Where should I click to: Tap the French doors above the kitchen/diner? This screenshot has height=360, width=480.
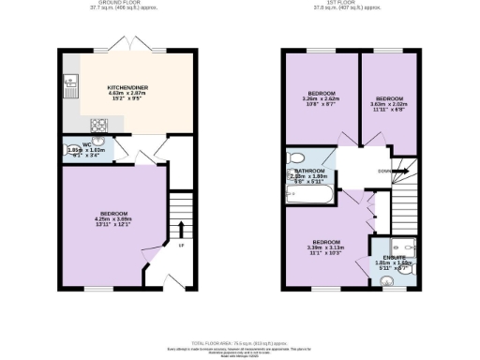coord(126,44)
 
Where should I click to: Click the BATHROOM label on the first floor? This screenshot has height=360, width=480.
coord(309,171)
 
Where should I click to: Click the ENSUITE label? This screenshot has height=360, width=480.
coord(395,257)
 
